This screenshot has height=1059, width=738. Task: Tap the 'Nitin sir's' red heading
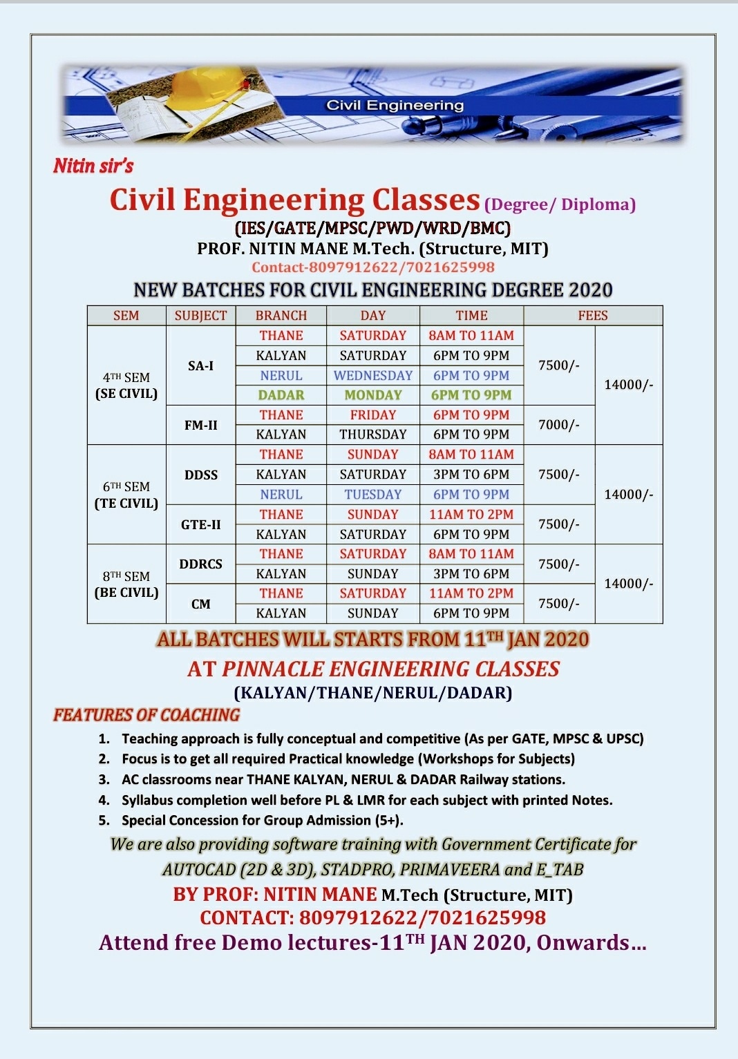93,166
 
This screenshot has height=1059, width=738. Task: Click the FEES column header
593,316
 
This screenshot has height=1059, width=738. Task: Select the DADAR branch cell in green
281,395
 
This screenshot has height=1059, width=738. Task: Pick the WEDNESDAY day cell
373,376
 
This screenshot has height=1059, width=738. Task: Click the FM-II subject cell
201,425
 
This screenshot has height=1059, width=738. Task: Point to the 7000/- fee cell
559,425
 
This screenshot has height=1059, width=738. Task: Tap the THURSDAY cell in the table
373,435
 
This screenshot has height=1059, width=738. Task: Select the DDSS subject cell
201,475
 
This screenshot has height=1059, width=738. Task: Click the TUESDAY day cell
373,495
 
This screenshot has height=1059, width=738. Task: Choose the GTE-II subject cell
201,524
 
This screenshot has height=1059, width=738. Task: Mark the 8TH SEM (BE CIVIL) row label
126,584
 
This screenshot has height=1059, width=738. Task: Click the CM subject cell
201,604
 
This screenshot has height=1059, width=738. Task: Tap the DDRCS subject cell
201,564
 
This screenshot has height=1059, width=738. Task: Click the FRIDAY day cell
373,415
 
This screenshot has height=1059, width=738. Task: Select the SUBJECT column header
201,316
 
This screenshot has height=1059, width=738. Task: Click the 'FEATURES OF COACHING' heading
146,715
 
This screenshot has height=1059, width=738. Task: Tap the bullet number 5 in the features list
104,820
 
